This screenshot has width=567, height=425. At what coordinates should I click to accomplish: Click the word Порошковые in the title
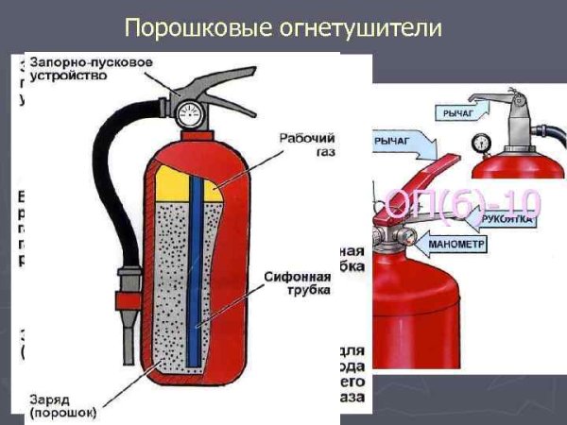click(x=183, y=28)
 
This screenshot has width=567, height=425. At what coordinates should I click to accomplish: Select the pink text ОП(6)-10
click(x=461, y=201)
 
